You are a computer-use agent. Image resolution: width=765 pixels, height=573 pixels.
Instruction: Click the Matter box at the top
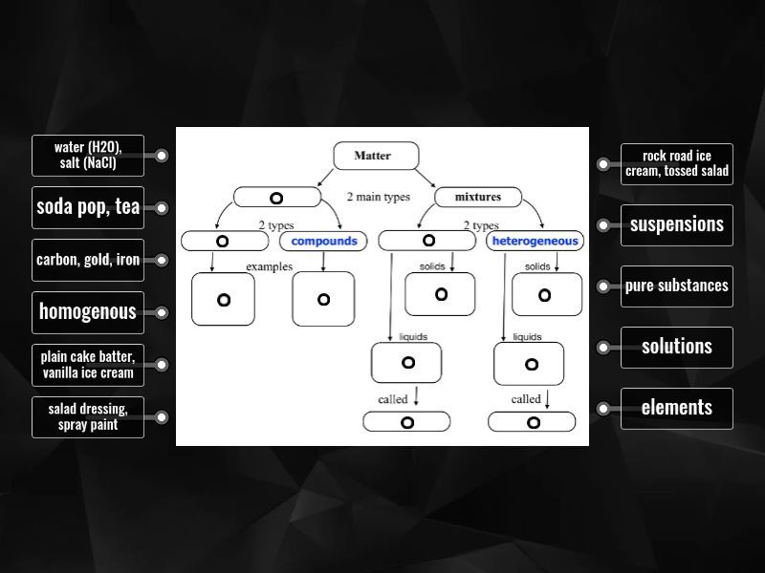pyautogui.click(x=373, y=156)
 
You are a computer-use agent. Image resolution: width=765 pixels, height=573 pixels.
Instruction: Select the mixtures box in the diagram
pyautogui.click(x=480, y=198)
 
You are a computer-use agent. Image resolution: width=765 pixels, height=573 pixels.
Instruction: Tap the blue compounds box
pyautogui.click(x=323, y=241)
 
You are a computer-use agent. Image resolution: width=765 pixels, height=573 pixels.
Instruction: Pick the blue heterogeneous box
pyautogui.click(x=535, y=241)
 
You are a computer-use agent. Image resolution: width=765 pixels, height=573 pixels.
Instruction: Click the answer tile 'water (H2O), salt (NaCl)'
pyautogui.click(x=88, y=156)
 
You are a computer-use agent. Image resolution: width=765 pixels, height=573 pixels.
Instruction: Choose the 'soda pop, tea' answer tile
pyautogui.click(x=88, y=207)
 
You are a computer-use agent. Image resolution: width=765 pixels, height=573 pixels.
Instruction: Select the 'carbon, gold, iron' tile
pyautogui.click(x=88, y=260)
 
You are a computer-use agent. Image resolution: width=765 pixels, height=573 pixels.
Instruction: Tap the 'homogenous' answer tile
pyautogui.click(x=88, y=311)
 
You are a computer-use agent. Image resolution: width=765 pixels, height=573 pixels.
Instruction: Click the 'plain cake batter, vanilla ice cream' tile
pyautogui.click(x=88, y=365)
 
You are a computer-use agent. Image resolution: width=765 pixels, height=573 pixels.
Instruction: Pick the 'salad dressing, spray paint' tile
pyautogui.click(x=88, y=417)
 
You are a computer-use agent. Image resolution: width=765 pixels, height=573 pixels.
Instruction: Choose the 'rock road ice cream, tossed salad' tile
pyautogui.click(x=677, y=164)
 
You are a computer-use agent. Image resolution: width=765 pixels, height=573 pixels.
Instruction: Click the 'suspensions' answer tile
pyautogui.click(x=677, y=225)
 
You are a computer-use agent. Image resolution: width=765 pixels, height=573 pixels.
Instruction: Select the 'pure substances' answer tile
pyautogui.click(x=677, y=286)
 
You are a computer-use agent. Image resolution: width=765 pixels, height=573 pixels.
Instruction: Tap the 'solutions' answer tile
pyautogui.click(x=677, y=347)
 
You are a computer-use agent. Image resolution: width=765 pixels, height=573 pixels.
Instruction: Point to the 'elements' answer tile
pyautogui.click(x=677, y=408)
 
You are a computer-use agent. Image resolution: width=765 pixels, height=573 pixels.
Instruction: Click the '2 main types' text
pyautogui.click(x=378, y=198)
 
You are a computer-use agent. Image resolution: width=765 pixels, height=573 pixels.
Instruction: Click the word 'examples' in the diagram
pyautogui.click(x=270, y=266)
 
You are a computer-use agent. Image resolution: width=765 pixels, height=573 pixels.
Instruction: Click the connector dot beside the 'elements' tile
pyautogui.click(x=603, y=408)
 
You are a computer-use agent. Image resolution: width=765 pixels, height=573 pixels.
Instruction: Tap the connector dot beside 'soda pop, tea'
pyautogui.click(x=162, y=207)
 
